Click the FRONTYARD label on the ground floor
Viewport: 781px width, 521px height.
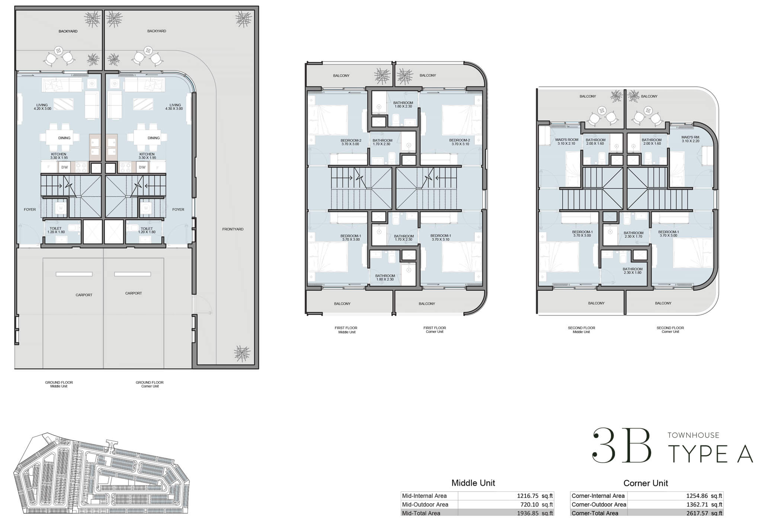point(233,229)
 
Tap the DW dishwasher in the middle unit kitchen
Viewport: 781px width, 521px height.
point(65,167)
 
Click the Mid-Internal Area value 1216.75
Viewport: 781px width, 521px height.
point(527,496)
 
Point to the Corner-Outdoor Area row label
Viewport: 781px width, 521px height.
point(599,505)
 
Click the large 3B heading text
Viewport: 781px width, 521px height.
point(622,445)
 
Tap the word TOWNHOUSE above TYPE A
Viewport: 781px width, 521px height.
point(693,435)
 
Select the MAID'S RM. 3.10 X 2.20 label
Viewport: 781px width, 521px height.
point(691,139)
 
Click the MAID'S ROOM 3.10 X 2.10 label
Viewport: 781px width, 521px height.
point(566,142)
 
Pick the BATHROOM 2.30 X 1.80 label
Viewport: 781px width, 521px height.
point(632,271)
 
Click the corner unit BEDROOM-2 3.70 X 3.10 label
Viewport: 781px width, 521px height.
point(460,142)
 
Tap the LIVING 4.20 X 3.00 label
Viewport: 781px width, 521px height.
point(42,107)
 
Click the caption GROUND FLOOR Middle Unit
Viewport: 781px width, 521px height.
point(59,384)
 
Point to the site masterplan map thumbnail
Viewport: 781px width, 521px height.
point(101,473)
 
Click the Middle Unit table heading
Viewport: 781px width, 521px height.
point(473,483)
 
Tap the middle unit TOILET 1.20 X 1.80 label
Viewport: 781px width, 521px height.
point(56,230)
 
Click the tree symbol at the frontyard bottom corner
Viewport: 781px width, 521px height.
point(242,353)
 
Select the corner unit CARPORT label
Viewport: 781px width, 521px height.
point(133,293)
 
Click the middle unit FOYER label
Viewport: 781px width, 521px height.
point(30,210)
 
